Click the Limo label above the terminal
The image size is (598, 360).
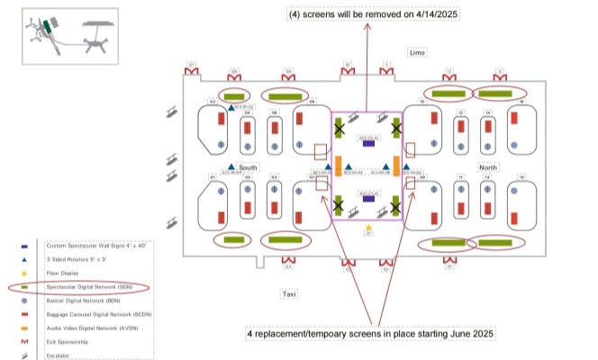tap(417, 53)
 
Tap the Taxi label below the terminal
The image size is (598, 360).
tap(289, 294)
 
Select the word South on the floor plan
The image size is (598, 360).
tap(249, 167)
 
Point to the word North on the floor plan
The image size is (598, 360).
tap(488, 167)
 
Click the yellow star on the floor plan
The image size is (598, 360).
tap(368, 228)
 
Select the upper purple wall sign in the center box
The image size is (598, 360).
tap(368, 141)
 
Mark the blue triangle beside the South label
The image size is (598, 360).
tap(231, 167)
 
